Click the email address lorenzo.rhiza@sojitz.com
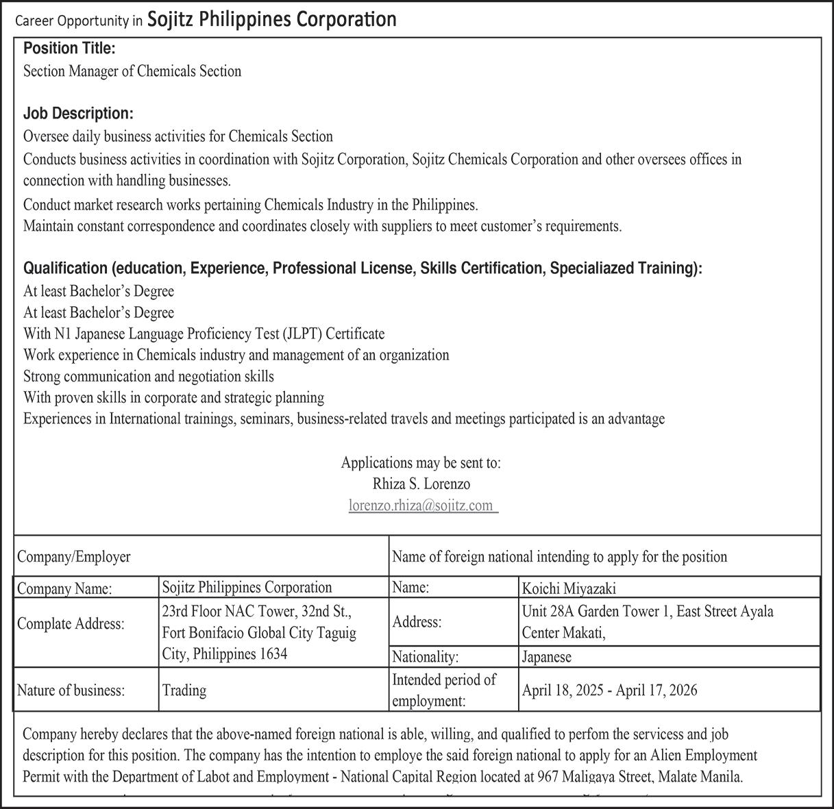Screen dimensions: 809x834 [421, 506]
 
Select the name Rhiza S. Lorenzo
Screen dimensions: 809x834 [421, 484]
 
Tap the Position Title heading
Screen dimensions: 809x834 [69, 49]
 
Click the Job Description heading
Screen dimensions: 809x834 [78, 113]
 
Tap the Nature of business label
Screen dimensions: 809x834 [71, 690]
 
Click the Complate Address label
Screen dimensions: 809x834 [71, 623]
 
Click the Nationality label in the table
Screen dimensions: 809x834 [425, 656]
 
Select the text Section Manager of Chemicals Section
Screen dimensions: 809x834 [132, 71]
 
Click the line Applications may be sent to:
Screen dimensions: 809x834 [421, 462]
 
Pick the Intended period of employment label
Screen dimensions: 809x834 [444, 690]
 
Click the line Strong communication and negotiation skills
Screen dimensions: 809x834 [149, 376]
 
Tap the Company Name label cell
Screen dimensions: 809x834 [64, 588]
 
